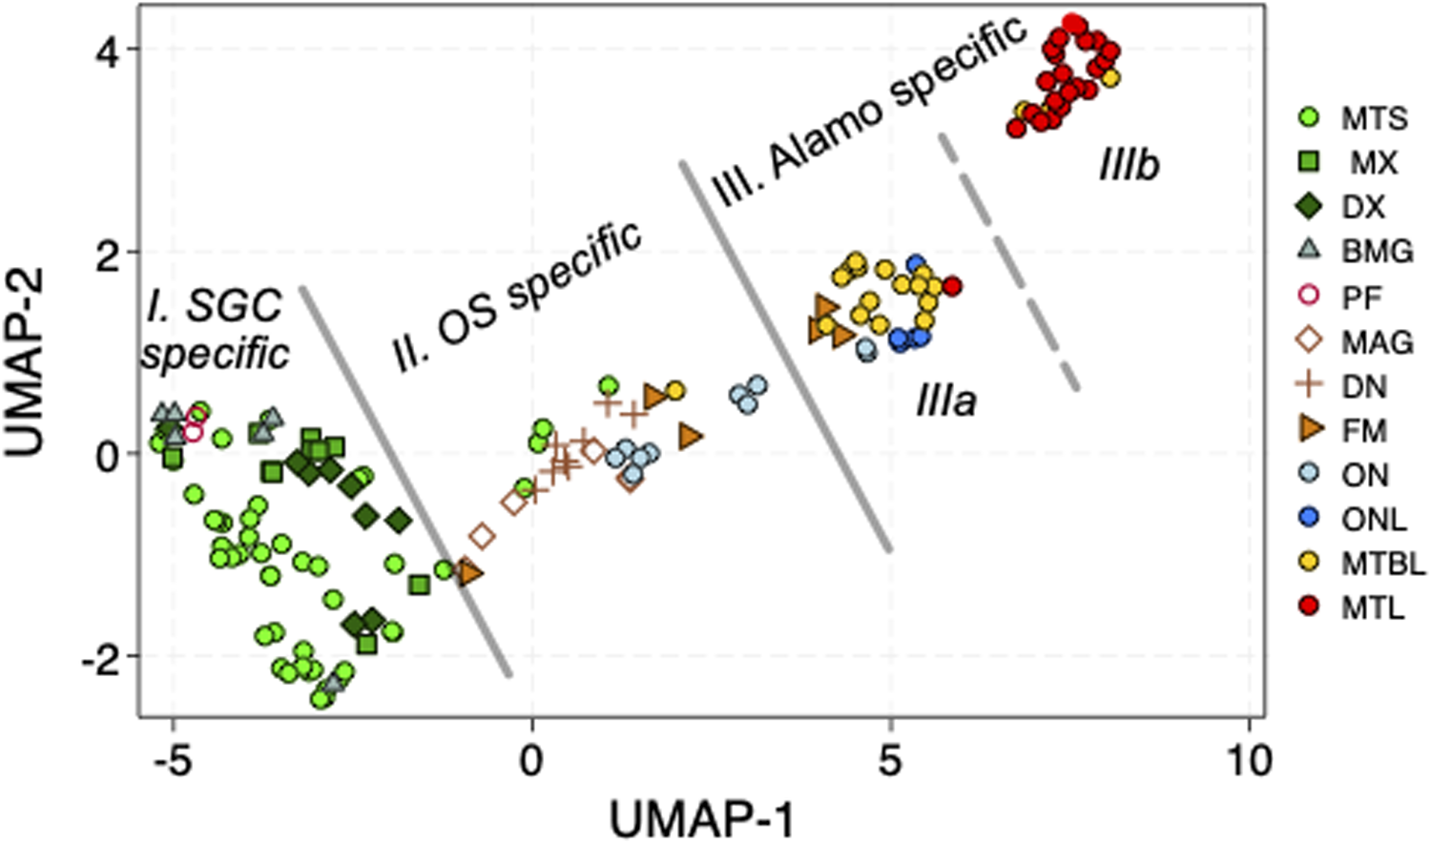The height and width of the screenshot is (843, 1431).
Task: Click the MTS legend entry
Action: click(1355, 118)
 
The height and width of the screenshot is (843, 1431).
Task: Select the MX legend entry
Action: click(1355, 163)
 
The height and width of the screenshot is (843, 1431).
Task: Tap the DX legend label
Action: click(1363, 207)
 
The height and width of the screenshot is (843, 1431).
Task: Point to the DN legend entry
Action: click(1345, 386)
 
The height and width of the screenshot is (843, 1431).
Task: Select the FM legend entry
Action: click(1345, 430)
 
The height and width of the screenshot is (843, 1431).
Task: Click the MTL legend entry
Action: click(1355, 607)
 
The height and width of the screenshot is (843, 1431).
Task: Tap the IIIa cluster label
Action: click(946, 401)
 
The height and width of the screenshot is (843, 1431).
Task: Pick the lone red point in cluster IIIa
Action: click(951, 286)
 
